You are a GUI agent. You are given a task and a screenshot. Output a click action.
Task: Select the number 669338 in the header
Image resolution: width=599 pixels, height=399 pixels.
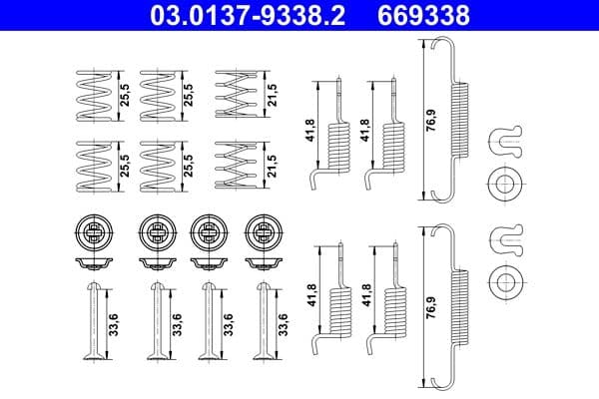(433, 15)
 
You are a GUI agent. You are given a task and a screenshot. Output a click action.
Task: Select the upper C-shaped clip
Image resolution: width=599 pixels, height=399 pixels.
(506, 142)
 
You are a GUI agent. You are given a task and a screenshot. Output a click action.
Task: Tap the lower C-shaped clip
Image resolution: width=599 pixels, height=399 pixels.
(506, 238)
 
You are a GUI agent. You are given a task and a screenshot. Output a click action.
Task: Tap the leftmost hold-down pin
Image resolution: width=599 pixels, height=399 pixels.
(93, 321)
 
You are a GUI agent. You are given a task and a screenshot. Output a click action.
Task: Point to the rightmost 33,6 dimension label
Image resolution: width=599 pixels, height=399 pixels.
(284, 324)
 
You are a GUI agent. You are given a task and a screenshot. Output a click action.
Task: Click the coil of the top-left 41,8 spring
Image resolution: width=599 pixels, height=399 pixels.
(340, 144)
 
